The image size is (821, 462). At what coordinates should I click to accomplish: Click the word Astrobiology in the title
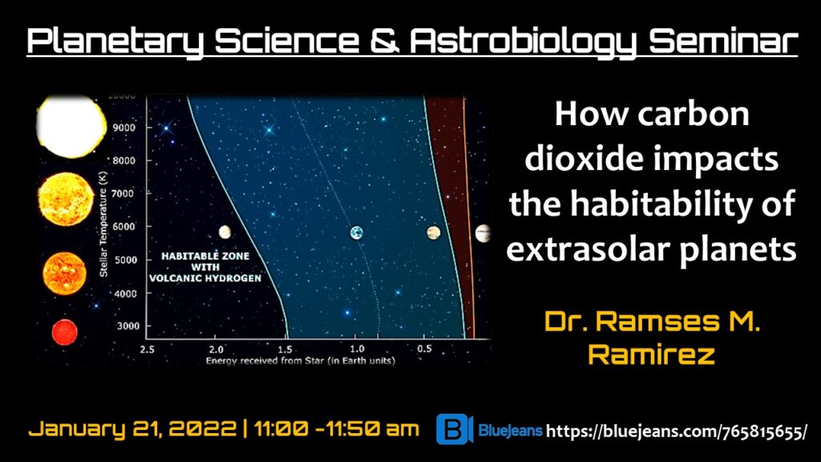click(x=523, y=42)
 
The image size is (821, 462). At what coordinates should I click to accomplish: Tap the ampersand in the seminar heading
click(x=384, y=41)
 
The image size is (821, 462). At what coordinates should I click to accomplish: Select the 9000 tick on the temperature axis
click(x=124, y=128)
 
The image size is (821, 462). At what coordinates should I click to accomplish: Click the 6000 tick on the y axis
click(x=124, y=226)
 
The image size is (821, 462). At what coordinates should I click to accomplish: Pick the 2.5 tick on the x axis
click(x=148, y=349)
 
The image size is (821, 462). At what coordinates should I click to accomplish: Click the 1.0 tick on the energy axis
click(x=357, y=349)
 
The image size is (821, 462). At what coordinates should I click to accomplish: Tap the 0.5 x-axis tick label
click(x=425, y=349)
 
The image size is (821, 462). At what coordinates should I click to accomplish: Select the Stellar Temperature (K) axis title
click(x=103, y=224)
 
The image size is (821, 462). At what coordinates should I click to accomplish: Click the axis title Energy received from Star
click(x=301, y=361)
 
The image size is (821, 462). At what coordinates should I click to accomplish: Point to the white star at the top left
click(x=71, y=126)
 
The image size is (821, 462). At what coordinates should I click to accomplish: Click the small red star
click(x=64, y=332)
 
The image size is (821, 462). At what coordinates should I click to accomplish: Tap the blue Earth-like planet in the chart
click(x=357, y=233)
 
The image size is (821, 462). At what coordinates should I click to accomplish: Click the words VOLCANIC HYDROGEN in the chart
click(x=205, y=278)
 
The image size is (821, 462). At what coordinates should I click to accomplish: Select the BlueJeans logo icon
click(x=455, y=429)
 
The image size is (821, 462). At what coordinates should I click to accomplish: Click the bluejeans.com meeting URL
click(x=677, y=432)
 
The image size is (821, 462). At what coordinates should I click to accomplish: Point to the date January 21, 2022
click(x=132, y=429)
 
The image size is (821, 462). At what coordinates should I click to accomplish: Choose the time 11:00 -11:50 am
click(x=337, y=429)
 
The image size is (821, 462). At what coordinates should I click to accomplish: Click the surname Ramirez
click(x=651, y=355)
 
